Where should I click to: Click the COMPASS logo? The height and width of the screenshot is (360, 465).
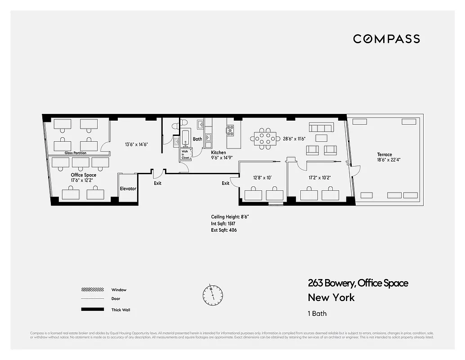pos(386,39)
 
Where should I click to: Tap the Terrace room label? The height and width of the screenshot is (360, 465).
pos(385,154)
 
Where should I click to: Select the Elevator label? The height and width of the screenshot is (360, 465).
pos(128,189)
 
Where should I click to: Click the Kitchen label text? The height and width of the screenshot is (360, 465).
pos(219,153)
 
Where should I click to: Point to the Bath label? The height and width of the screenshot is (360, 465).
pos(197,139)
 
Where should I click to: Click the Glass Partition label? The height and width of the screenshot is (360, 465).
pos(75,153)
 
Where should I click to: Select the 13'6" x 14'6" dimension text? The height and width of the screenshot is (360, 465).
pos(136,144)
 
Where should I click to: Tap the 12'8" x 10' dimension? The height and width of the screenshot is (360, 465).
pos(263,177)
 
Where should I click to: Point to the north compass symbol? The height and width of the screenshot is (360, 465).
pos(212,294)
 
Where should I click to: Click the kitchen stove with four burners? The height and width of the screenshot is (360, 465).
pos(230,130)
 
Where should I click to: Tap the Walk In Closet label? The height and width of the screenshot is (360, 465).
pos(185,154)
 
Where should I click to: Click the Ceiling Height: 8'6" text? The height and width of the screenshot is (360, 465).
pos(230,216)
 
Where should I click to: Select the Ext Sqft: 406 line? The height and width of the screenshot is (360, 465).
pos(224,230)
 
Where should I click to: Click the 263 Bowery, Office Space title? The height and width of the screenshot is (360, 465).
pos(358,283)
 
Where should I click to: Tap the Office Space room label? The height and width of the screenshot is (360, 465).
pos(83,175)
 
